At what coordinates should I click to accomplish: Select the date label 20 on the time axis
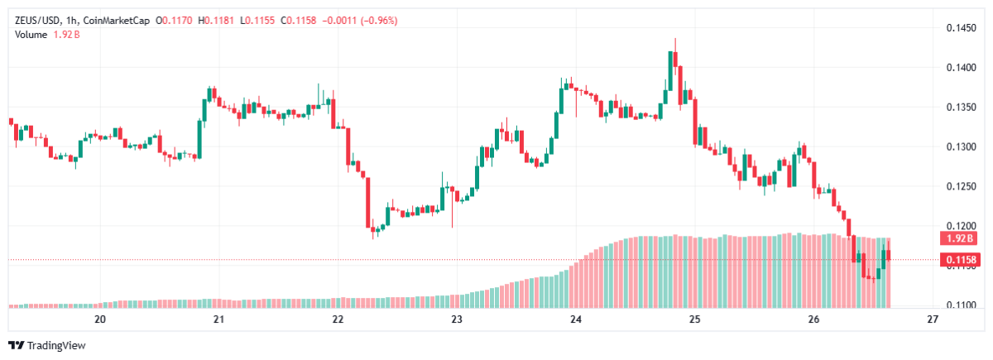(x=100, y=319)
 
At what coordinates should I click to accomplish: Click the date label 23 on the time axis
(x=456, y=319)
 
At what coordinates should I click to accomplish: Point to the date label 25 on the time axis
(x=694, y=319)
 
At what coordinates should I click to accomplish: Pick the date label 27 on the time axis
(x=933, y=319)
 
